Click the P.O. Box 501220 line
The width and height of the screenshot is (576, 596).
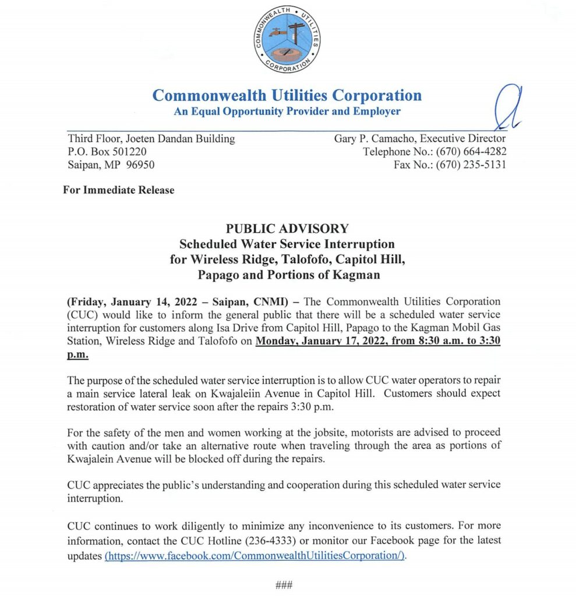tap(109, 152)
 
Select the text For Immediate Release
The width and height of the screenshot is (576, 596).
tap(118, 190)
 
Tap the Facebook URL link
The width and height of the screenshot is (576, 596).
tap(255, 555)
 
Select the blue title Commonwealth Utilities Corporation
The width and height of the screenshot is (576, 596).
tap(287, 95)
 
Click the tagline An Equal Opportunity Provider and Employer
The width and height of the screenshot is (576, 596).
tap(287, 111)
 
